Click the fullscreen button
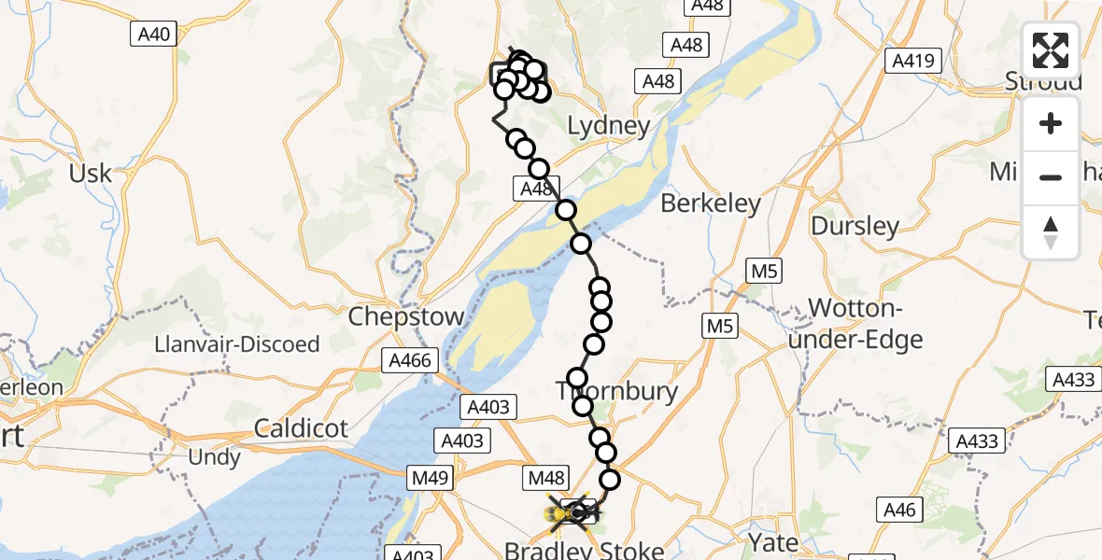(x=1051, y=50)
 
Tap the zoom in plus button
(x=1051, y=124)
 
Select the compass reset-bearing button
(x=1051, y=232)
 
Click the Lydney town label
(x=609, y=126)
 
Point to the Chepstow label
(x=406, y=315)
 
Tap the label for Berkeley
(x=711, y=203)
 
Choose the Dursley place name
(x=855, y=226)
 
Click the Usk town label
(x=91, y=173)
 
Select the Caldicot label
(x=301, y=428)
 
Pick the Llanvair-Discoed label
(x=238, y=344)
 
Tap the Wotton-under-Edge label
(x=865, y=324)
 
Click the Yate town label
(x=773, y=542)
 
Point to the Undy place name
(x=214, y=457)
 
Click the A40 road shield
(x=153, y=35)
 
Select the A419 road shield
(x=911, y=62)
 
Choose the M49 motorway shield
(x=431, y=479)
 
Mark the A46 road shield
(x=902, y=510)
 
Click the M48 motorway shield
(x=546, y=479)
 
